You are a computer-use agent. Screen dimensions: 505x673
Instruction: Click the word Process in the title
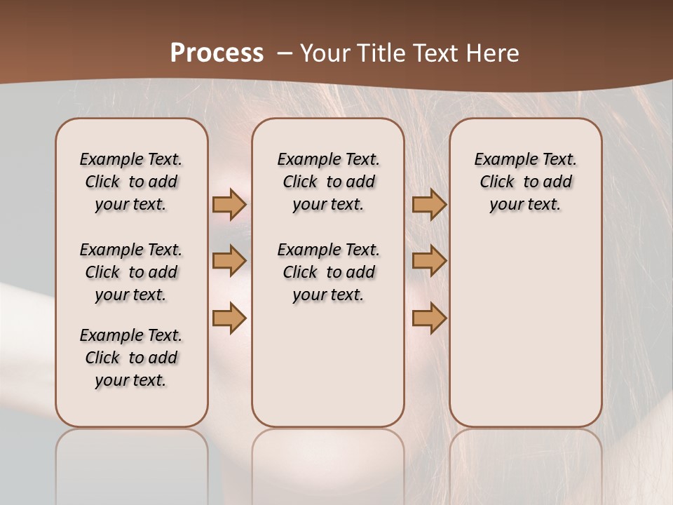pos(217,53)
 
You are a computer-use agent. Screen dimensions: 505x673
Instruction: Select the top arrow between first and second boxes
pos(229,204)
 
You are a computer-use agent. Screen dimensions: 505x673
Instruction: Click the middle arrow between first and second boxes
pos(229,260)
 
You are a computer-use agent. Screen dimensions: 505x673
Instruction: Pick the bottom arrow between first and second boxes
pos(229,318)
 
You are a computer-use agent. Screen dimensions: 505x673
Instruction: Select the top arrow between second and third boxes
pos(429,204)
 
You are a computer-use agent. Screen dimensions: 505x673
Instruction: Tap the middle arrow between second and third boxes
pos(429,260)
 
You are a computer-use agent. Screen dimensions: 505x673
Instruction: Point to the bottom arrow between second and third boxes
pos(429,318)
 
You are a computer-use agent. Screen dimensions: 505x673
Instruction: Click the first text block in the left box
pos(131,182)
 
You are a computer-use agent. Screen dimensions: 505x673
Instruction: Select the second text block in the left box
pos(131,272)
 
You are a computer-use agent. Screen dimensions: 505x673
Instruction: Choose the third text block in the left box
pos(131,358)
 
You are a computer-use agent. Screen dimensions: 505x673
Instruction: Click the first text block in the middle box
pos(328,182)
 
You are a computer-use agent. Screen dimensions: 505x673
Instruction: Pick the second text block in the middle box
pos(328,272)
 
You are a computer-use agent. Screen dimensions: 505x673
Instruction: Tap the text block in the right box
pos(525,182)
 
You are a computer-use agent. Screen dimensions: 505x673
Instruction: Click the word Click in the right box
pos(497,182)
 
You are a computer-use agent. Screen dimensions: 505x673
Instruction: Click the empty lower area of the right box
pos(525,337)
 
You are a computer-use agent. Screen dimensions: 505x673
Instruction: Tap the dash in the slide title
pos(285,53)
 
